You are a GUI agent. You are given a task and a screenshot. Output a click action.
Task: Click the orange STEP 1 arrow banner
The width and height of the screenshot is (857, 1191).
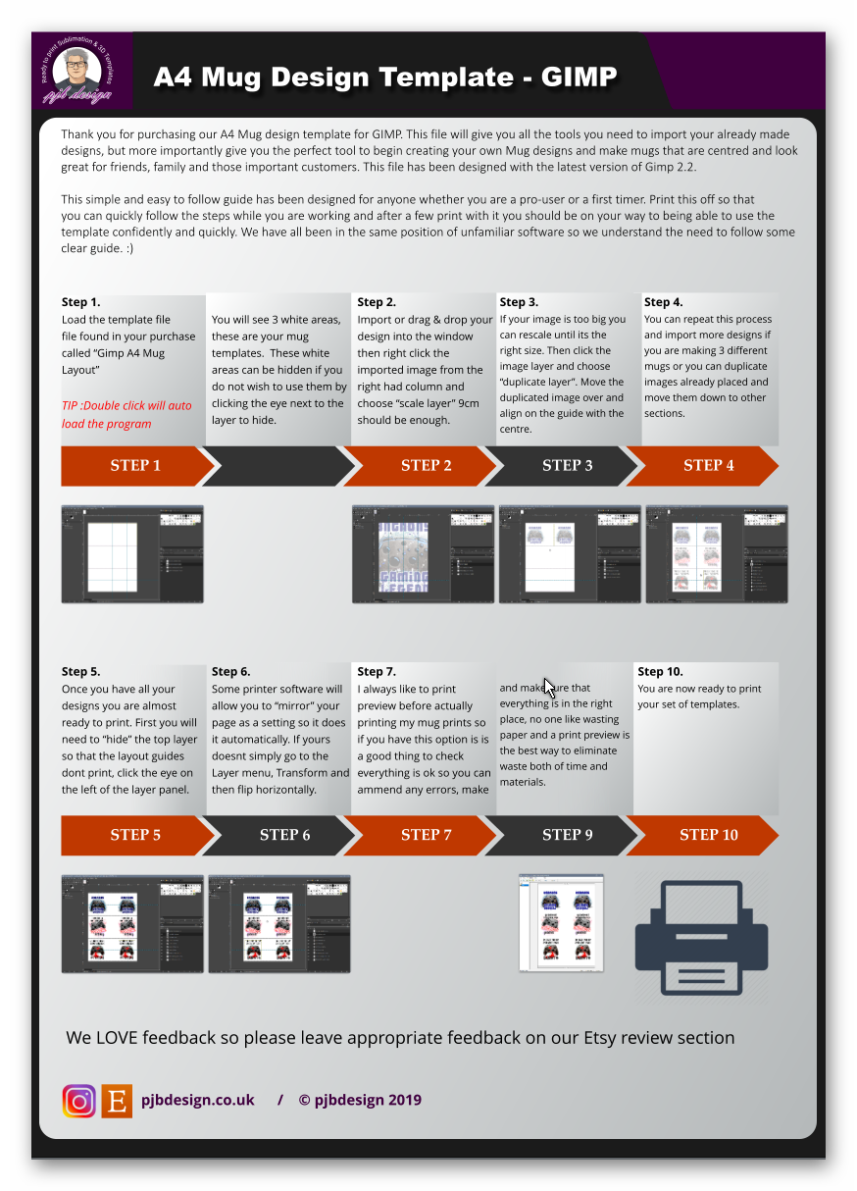tap(135, 466)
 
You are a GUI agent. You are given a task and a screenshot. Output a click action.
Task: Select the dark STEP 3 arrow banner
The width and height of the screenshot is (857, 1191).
tap(567, 466)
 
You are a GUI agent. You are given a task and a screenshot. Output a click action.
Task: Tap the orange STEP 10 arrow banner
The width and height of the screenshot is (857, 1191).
tap(708, 835)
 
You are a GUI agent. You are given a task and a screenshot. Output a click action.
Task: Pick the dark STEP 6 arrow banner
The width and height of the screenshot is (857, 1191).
tap(284, 835)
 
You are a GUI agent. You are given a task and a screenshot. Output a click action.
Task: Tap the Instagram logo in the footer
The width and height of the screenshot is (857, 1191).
tap(79, 1101)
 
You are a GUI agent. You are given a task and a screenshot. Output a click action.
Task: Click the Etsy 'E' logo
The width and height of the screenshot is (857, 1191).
tap(117, 1101)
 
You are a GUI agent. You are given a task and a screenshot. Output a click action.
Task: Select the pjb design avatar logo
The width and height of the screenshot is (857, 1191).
tap(76, 70)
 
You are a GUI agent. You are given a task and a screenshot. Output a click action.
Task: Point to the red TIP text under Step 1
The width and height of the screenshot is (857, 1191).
tap(126, 414)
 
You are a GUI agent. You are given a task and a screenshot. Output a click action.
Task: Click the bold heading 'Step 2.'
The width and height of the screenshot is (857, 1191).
tap(377, 302)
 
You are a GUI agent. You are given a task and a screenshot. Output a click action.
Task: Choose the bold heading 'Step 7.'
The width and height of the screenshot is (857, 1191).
tap(377, 671)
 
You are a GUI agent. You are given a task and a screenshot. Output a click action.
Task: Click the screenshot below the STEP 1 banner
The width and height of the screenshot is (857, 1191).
tap(132, 554)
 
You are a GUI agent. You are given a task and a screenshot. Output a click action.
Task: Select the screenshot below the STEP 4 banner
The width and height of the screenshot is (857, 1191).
tap(716, 554)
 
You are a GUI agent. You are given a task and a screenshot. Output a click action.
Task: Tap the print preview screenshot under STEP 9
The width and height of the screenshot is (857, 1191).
tap(561, 923)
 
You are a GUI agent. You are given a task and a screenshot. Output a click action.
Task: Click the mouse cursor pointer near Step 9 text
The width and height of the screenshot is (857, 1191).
tap(549, 689)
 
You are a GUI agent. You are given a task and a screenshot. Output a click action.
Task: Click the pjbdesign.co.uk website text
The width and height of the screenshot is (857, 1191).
tap(198, 1100)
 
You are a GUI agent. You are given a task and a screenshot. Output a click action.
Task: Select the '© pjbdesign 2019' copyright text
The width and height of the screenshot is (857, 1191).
tap(360, 1100)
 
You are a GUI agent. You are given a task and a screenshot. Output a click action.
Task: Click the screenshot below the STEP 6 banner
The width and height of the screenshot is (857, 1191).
tap(279, 924)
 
